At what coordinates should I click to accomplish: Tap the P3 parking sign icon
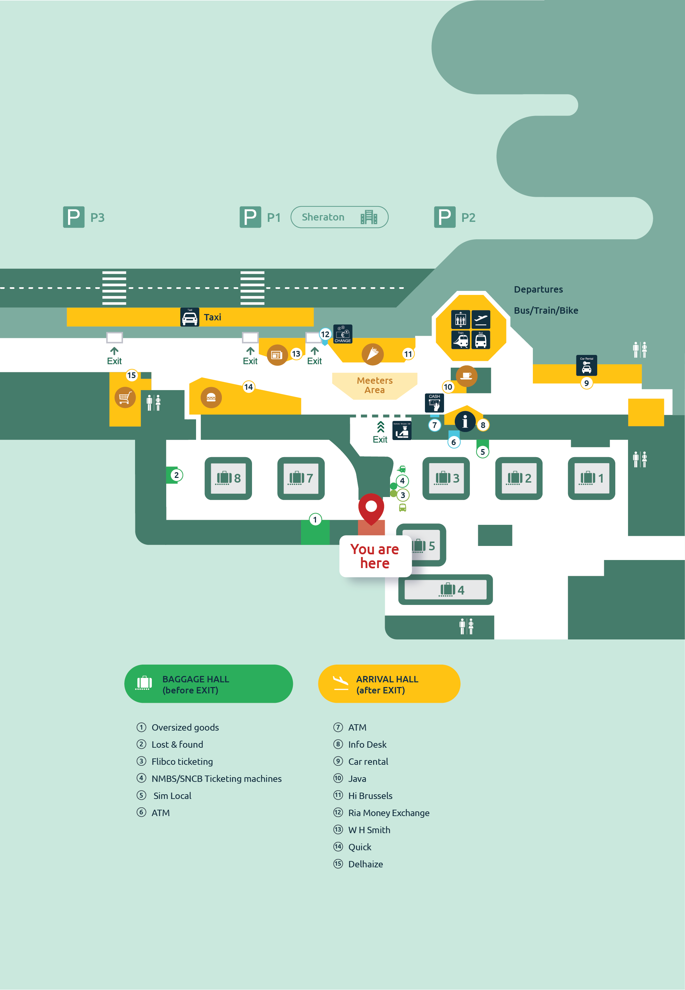click(73, 217)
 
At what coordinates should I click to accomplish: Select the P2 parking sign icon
click(444, 217)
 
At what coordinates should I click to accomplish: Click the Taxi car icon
click(189, 317)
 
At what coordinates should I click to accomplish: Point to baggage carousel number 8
click(228, 478)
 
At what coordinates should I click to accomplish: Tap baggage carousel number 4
click(445, 590)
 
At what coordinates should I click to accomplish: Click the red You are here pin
click(371, 508)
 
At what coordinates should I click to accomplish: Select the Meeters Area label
click(374, 385)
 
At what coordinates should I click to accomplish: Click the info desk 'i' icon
click(464, 421)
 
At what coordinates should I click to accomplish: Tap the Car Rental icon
click(586, 365)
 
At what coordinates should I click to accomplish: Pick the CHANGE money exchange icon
click(342, 334)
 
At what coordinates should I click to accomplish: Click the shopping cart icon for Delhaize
click(125, 398)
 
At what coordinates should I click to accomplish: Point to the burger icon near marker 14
click(211, 398)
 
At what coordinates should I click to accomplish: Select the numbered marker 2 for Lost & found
click(176, 475)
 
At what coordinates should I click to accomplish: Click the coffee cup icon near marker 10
click(466, 376)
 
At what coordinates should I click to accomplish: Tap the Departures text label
click(538, 289)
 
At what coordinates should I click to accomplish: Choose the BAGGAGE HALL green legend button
click(208, 684)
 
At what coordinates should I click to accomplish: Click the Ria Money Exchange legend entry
click(388, 813)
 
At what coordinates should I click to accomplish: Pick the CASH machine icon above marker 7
click(434, 403)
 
